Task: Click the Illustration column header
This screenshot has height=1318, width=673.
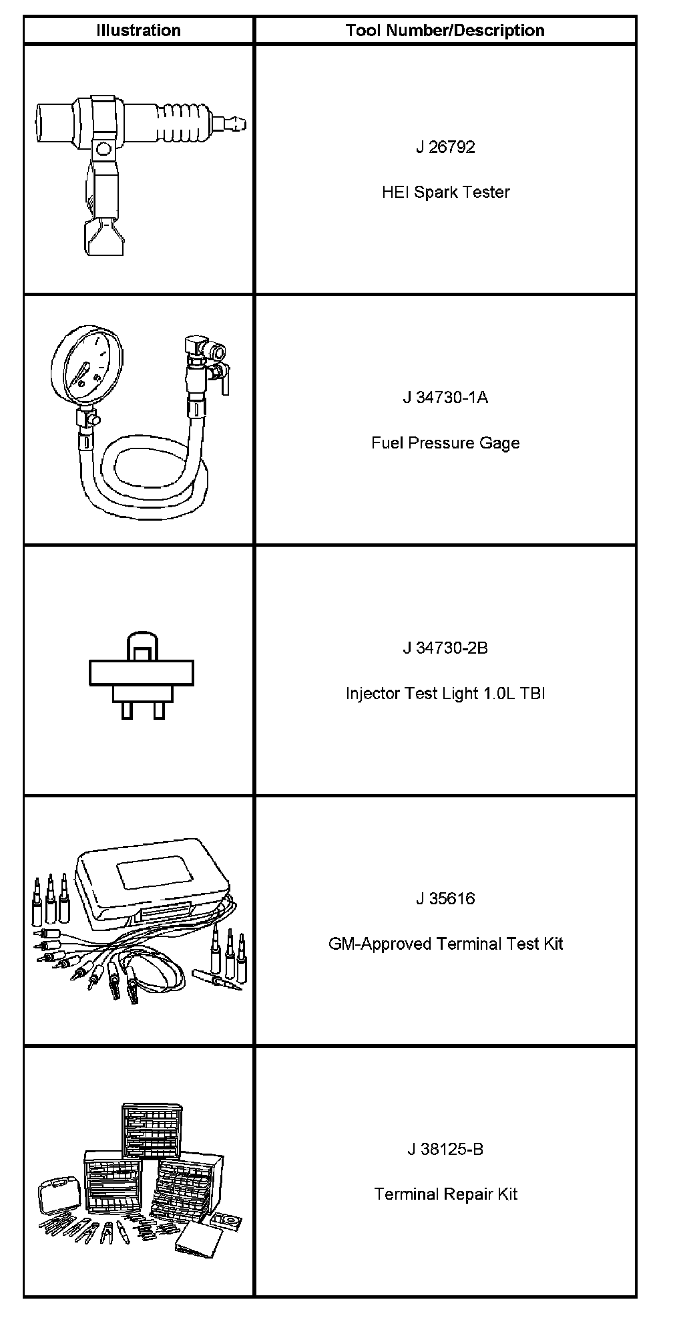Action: pos(138,31)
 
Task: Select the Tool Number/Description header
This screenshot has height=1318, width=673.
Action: pos(445,31)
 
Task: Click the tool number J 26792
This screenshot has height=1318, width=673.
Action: pos(445,147)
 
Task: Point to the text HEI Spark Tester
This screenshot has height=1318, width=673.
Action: pos(445,192)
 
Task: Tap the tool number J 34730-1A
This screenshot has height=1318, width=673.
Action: pos(445,398)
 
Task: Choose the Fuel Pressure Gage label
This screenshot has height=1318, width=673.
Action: pos(445,443)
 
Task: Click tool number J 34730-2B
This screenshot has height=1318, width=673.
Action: pos(445,648)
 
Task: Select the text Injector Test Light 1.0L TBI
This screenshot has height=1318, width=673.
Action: pos(445,694)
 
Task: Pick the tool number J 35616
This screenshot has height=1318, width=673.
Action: pos(445,899)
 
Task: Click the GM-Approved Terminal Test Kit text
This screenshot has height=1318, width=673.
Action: pos(445,944)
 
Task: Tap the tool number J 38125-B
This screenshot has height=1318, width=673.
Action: pos(445,1150)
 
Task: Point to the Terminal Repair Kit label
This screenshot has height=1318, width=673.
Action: pos(445,1194)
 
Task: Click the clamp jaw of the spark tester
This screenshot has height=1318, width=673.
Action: pos(103,237)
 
